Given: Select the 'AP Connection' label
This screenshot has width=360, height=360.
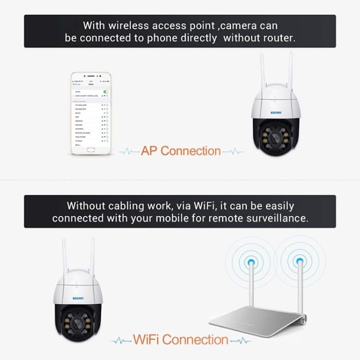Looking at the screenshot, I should [181, 151].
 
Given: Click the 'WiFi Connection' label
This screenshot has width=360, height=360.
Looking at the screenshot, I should [181, 339].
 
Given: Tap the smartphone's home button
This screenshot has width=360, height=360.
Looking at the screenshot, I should [91, 150].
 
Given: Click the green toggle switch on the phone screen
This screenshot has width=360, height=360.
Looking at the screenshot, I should [105, 91].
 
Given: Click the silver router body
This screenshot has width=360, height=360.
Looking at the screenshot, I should [257, 319].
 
